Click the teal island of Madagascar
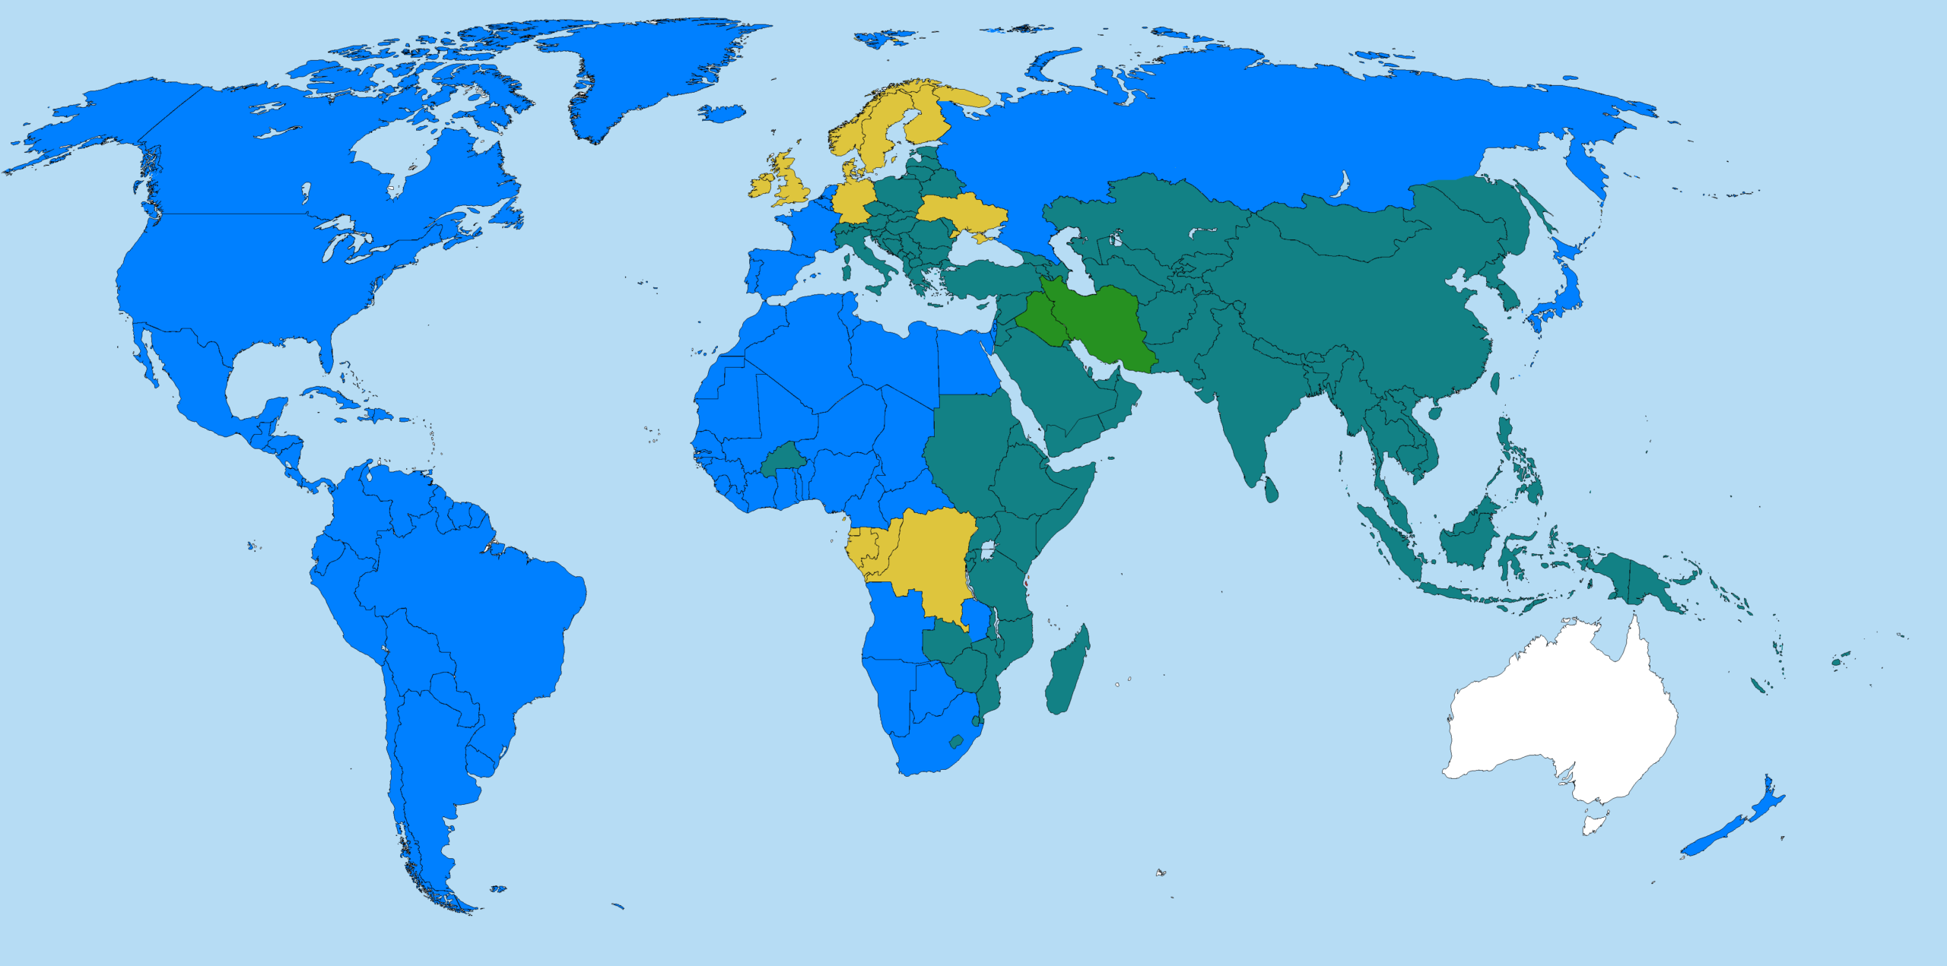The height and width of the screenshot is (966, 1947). pyautogui.click(x=1066, y=673)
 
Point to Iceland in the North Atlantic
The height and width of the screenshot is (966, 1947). pyautogui.click(x=722, y=114)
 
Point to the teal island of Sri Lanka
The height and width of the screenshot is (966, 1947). pyautogui.click(x=1271, y=489)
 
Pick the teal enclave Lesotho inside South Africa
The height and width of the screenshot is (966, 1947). pyautogui.click(x=957, y=741)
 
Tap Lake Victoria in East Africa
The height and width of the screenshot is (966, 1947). pyautogui.click(x=989, y=550)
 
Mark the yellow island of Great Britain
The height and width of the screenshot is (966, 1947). pyautogui.click(x=791, y=182)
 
